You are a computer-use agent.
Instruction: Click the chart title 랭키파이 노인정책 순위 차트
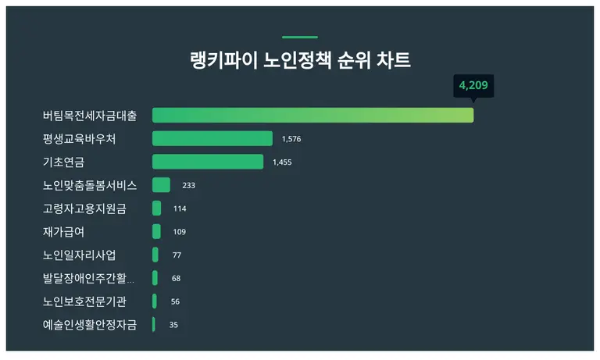[x=300, y=61]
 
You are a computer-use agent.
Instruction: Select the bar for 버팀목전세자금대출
[x=312, y=116]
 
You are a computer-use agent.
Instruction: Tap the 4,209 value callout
[x=473, y=85]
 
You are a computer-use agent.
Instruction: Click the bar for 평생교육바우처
[x=212, y=139]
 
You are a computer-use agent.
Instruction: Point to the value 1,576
[x=291, y=139]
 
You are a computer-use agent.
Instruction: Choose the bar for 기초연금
[x=207, y=162]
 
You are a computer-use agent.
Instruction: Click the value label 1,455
[x=282, y=162]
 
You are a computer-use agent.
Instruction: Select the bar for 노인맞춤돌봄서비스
[x=161, y=185]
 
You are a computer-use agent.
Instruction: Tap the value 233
[x=188, y=186]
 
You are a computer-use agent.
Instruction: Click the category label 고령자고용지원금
[x=84, y=209]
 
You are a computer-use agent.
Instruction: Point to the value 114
[x=180, y=209]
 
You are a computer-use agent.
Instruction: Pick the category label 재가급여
[x=63, y=232]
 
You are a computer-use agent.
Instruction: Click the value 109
[x=179, y=232]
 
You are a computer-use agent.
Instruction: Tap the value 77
[x=177, y=255]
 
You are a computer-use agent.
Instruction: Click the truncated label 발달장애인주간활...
[x=89, y=278]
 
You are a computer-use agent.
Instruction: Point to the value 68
[x=176, y=279]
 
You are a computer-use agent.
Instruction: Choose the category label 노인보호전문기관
[x=84, y=301]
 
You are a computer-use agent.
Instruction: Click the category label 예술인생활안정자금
[x=89, y=325]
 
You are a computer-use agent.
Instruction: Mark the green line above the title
[x=300, y=37]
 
